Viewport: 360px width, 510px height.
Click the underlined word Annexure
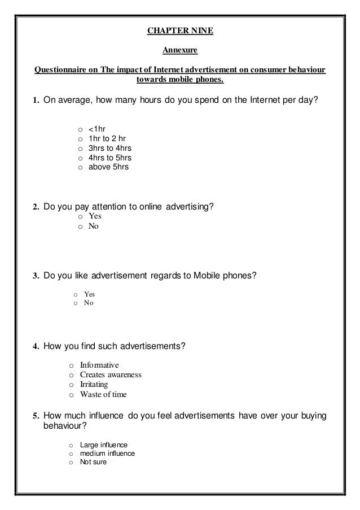coord(180,51)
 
